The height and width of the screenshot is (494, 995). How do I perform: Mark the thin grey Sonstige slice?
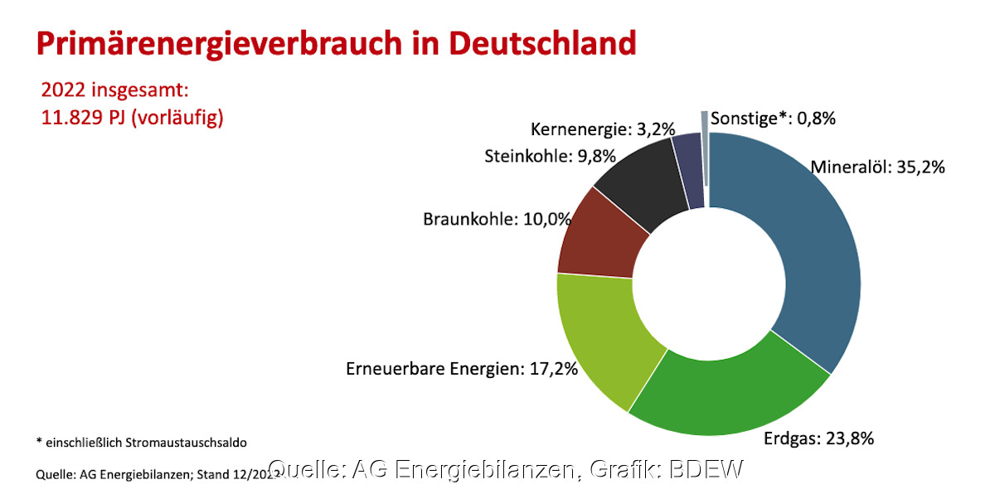coord(705,149)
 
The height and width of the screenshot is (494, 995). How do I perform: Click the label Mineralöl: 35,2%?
coord(877,167)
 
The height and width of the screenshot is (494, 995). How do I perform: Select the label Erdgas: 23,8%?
coord(818,438)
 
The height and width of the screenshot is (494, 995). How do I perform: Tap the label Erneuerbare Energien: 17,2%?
coord(461,368)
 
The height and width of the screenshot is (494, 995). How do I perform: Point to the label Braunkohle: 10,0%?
coord(498,220)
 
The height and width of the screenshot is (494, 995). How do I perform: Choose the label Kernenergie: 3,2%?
coord(603,129)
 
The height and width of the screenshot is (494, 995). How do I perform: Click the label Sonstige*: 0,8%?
coord(773,118)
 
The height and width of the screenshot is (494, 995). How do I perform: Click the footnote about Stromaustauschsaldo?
coord(141,442)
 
